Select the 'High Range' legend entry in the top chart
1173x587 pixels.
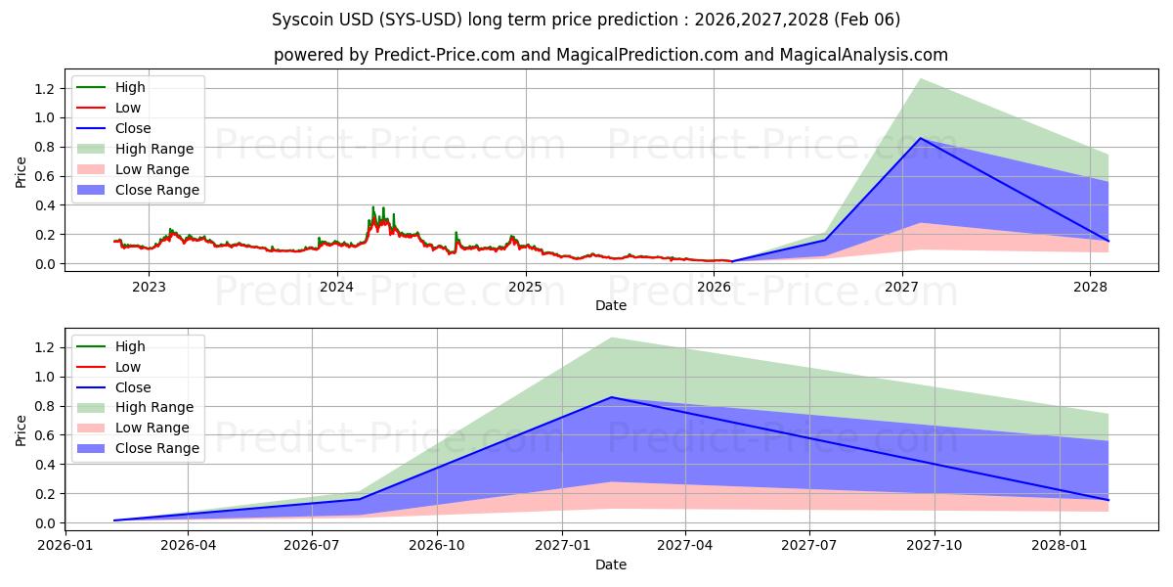pos(153,149)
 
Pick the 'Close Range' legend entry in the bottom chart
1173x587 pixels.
pos(156,448)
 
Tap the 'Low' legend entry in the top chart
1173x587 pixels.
pos(128,108)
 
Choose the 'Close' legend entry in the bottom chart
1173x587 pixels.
pos(133,387)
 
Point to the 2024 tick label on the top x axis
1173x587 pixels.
pos(337,287)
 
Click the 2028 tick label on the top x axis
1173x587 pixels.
pos(1090,287)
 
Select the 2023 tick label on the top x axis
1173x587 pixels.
pos(149,287)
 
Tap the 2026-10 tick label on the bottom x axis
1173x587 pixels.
pos(437,546)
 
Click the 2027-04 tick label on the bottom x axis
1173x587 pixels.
pos(685,546)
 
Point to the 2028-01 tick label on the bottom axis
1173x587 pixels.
pos(1060,546)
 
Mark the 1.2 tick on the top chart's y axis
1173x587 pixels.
pos(45,89)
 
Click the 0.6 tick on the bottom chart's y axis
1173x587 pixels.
pos(45,435)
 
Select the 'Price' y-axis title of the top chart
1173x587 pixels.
pos(22,172)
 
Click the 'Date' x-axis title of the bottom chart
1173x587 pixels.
pos(610,564)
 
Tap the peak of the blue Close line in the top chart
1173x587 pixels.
pos(920,138)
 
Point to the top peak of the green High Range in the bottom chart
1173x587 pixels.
pos(612,338)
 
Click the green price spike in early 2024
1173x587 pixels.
pos(372,207)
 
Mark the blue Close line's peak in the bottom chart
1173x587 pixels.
pos(612,397)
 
